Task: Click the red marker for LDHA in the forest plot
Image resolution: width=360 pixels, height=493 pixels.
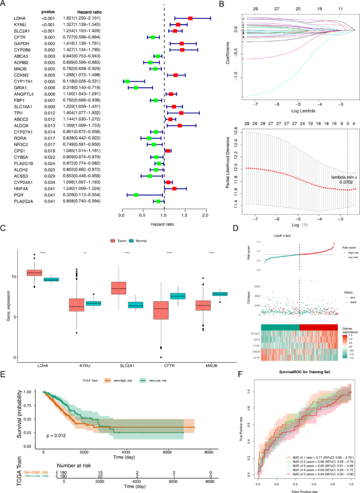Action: coord(190,18)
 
